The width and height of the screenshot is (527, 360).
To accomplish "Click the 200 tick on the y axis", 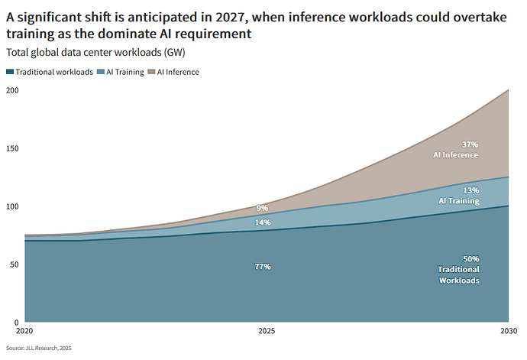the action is click(12, 90).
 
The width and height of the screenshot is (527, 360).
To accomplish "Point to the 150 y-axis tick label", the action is click(12, 148).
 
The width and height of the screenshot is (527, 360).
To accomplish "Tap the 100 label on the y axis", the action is click(12, 206).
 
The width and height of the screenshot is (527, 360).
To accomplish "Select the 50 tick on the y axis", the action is click(14, 264).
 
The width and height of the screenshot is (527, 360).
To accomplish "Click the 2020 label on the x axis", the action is click(24, 331).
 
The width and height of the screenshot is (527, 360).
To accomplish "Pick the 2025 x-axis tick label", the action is click(267, 331).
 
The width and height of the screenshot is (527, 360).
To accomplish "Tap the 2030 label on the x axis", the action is click(509, 331).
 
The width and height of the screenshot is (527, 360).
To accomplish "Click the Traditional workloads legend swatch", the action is click(10, 72).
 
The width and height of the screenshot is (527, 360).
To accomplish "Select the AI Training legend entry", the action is click(121, 72).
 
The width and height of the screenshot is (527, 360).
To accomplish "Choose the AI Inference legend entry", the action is click(173, 72).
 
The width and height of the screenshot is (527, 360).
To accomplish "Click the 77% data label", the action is click(263, 267).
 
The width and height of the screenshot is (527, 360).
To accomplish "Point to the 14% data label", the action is click(263, 222).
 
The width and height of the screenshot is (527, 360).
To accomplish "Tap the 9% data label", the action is click(262, 208).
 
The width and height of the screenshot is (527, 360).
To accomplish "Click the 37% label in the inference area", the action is click(470, 144).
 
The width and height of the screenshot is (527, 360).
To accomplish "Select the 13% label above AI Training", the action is click(471, 190).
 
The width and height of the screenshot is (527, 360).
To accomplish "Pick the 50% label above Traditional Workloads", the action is click(471, 259).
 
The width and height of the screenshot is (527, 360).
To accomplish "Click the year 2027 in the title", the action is click(231, 17).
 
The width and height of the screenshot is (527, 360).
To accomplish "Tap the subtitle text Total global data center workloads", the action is click(84, 53).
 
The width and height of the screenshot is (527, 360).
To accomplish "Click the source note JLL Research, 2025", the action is click(48, 348).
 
